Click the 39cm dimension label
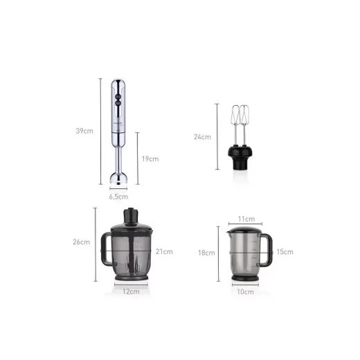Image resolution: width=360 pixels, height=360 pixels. tap(84, 131)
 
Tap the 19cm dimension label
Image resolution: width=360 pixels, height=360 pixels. tap(150, 159)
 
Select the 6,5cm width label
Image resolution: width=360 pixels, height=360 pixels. tap(118, 197)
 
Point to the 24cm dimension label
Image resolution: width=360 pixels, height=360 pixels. tap(202, 137)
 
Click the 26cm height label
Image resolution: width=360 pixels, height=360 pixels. tap(82, 242)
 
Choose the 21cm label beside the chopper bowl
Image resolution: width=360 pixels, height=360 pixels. tap(164, 251)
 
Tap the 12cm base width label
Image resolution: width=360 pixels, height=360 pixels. tap(131, 291)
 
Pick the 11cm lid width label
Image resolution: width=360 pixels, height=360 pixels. tap(246, 219)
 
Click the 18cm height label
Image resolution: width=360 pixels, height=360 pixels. tap(206, 253)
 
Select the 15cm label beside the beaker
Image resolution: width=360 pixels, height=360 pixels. tap(285, 252)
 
